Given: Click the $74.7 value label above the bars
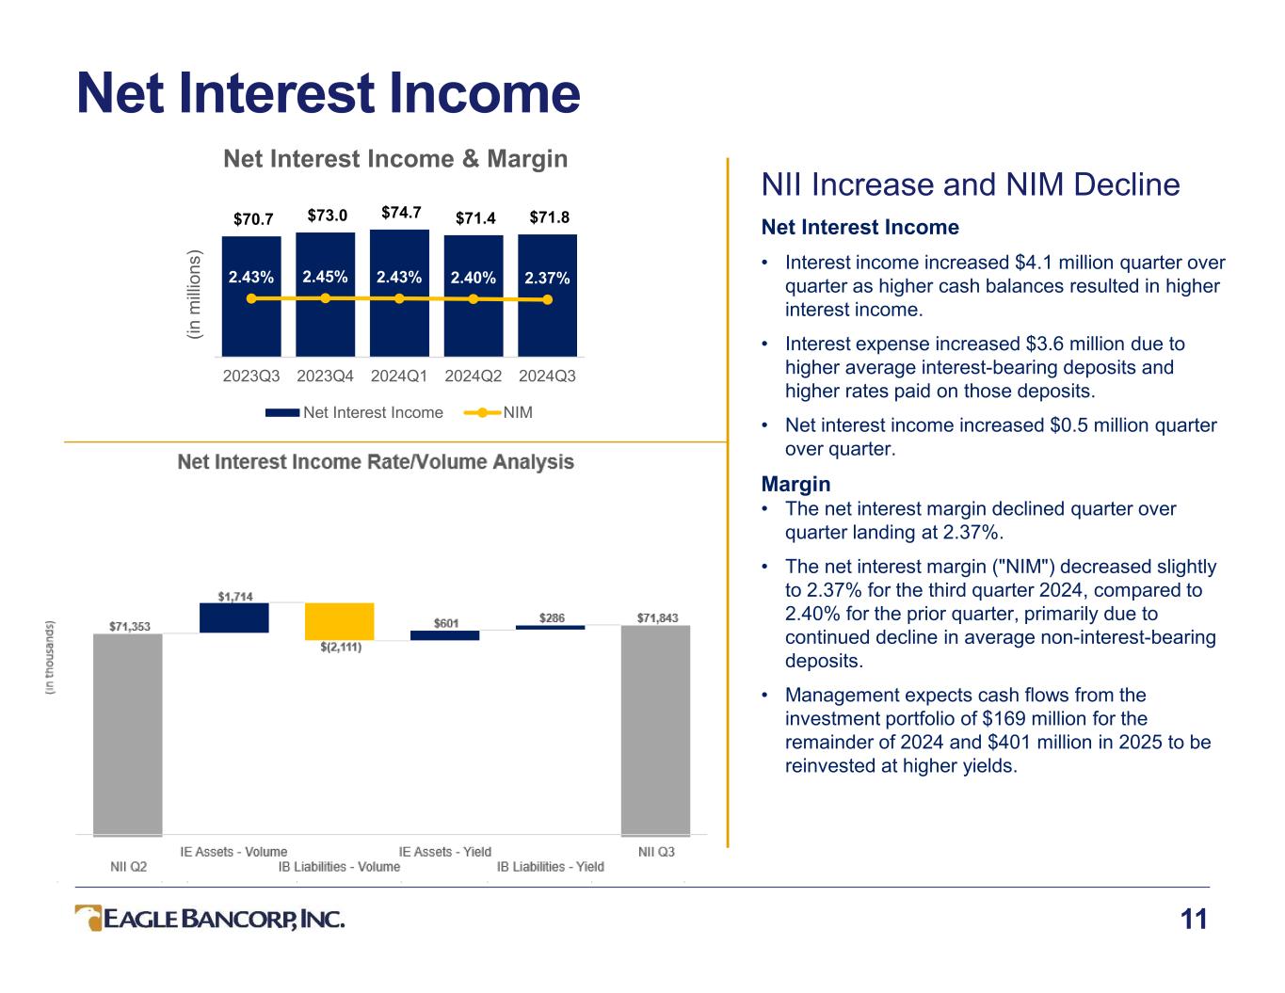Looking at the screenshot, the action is [401, 212].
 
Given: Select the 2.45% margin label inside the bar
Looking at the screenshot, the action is [325, 277].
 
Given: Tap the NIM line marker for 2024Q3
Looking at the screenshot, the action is [548, 299].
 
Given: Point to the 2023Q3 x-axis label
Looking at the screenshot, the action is [250, 376].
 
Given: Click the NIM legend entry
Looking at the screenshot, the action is [498, 412].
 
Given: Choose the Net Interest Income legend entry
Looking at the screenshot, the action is [354, 412].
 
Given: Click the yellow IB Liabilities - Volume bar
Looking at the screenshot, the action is [340, 621].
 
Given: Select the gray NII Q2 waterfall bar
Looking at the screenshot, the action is [128, 735].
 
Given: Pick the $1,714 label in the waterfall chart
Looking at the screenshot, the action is [234, 597].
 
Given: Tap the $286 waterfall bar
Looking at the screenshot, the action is [550, 627].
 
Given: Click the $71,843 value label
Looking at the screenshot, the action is [657, 617].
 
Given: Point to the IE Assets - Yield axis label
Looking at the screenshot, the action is [444, 852].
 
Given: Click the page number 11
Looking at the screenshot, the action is [1194, 920].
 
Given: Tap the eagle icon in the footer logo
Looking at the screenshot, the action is [89, 918].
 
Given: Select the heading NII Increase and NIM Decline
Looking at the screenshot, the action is [971, 184].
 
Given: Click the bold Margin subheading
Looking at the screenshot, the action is [795, 484].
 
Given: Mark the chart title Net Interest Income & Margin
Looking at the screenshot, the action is [395, 158].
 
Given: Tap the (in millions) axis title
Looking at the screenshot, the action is [194, 295].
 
